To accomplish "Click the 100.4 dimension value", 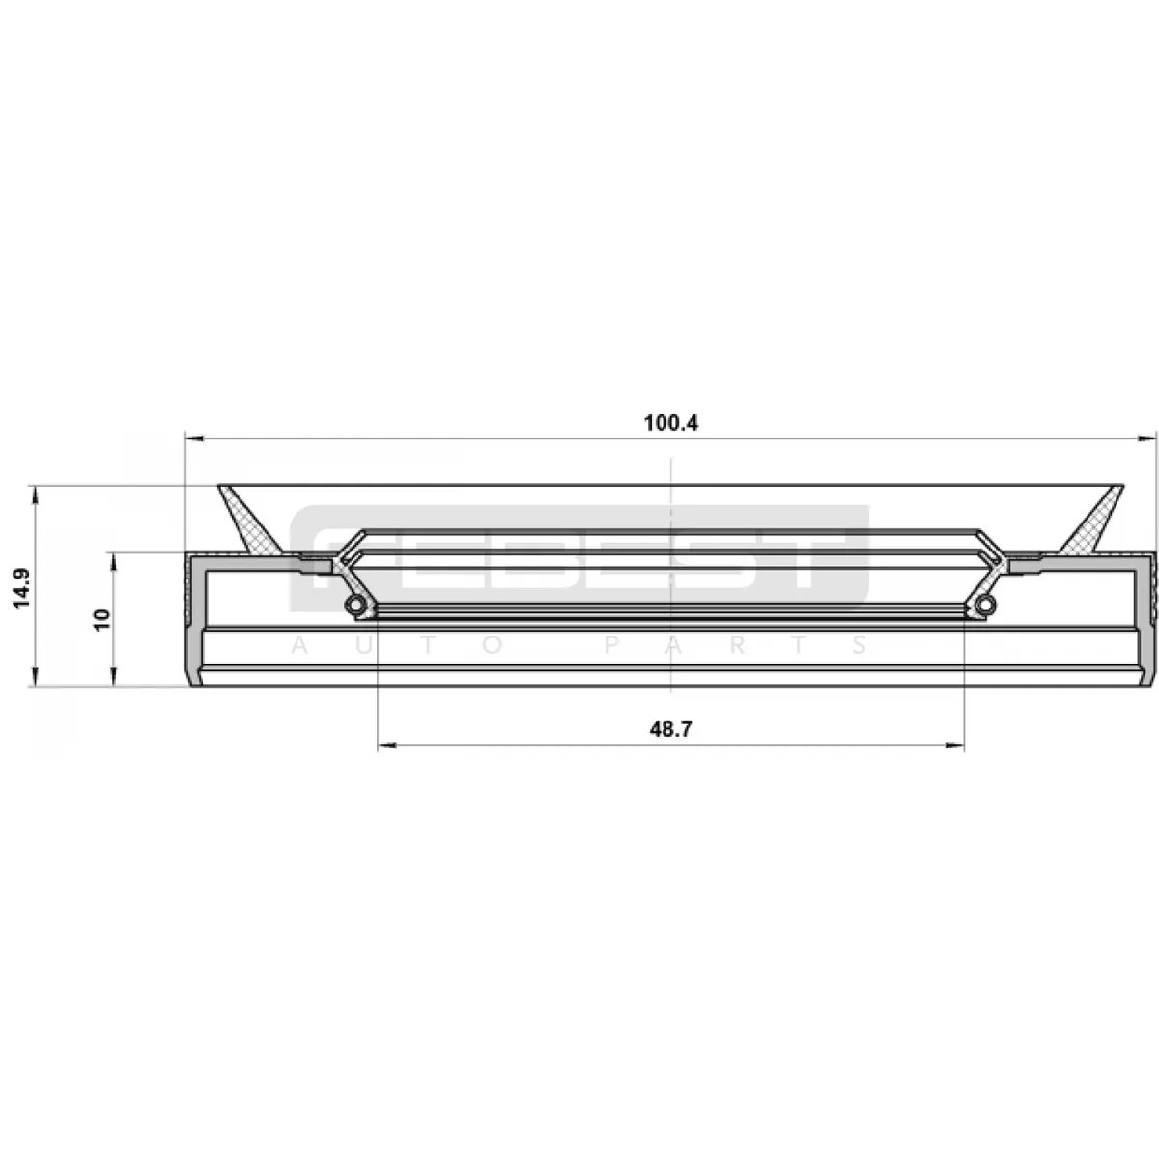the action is [670, 423].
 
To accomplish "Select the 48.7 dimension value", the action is [670, 729].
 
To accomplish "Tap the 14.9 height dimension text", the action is [22, 587].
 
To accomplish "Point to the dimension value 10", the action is [102, 619].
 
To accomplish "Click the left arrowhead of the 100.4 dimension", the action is [195, 439].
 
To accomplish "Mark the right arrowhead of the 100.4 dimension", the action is [1147, 439].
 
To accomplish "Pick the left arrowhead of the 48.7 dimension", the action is [386, 746].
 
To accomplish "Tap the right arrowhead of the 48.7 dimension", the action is [954, 746].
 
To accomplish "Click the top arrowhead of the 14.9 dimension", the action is [35, 495].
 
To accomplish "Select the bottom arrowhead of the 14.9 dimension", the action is [35, 675].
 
